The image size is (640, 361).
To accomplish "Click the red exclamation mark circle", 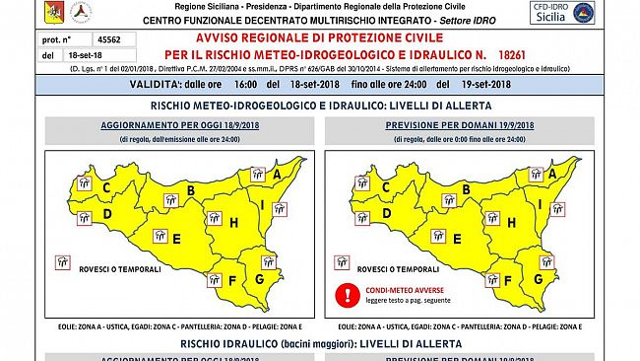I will (x=346, y=293).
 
